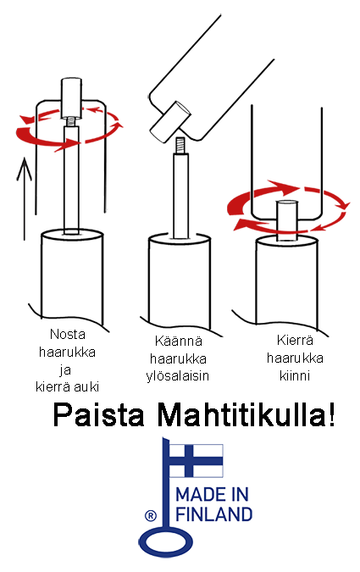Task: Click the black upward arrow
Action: pyautogui.click(x=25, y=199)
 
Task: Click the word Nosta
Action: pyautogui.click(x=68, y=334)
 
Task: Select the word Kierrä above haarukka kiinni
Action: pyautogui.click(x=295, y=340)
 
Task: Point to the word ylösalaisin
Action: pyautogui.click(x=178, y=375)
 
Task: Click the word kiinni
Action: pyautogui.click(x=295, y=375)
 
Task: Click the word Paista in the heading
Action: pyautogui.click(x=99, y=414)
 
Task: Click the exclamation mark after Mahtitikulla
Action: pyautogui.click(x=331, y=414)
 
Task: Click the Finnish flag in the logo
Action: pyautogui.click(x=196, y=460)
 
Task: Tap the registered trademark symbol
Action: pyautogui.click(x=150, y=516)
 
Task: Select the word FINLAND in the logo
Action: pyautogui.click(x=214, y=514)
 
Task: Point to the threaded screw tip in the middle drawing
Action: pyautogui.click(x=180, y=145)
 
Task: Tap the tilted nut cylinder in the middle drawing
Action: pyautogui.click(x=170, y=122)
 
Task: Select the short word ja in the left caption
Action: pyautogui.click(x=65, y=370)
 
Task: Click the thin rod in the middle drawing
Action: pyautogui.click(x=181, y=196)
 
